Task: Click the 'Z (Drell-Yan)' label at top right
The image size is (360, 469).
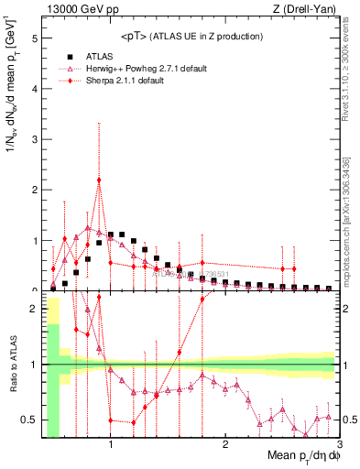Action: pos(306,9)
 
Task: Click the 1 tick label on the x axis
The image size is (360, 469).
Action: pos(111,448)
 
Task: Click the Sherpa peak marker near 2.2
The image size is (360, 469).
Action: pos(99,180)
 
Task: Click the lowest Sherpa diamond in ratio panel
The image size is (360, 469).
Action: pos(134,422)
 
